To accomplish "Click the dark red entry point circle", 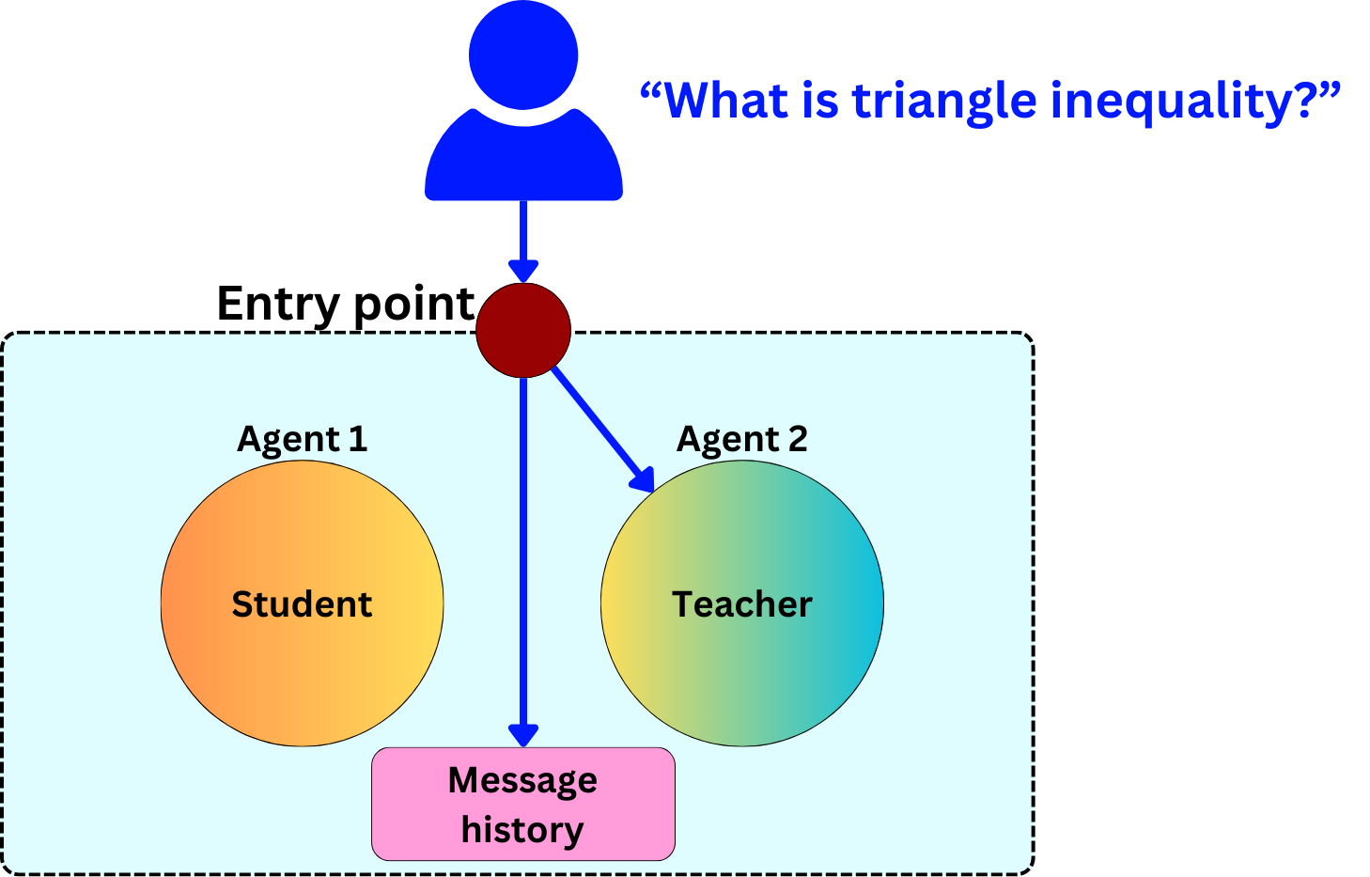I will point(523,330).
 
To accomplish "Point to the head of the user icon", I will point(523,54).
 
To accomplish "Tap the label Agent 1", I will point(302,439).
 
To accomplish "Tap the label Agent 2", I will point(742,439).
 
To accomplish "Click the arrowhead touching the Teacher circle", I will point(644,480).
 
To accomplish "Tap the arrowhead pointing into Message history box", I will point(523,734).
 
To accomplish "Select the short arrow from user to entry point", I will point(523,240).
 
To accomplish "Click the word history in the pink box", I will point(522,830).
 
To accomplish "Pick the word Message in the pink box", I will point(522,780).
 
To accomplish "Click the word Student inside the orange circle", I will point(302,604).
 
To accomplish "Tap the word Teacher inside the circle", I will point(742,604).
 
